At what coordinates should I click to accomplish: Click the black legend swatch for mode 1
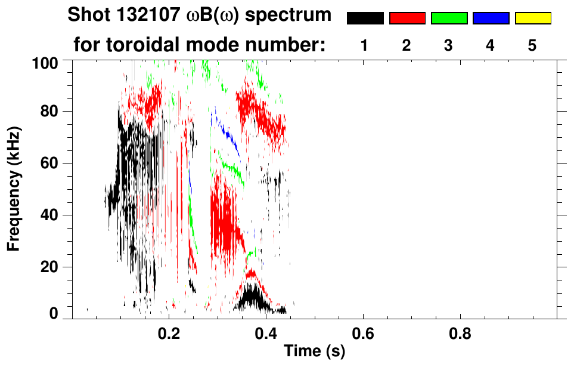pos(365,18)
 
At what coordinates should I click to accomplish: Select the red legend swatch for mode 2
pos(407,18)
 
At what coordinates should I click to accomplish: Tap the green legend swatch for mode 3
pos(449,18)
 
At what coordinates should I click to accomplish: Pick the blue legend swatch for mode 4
pos(491,18)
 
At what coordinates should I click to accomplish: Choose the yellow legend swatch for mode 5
pos(533,18)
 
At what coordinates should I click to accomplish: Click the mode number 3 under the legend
pos(449,46)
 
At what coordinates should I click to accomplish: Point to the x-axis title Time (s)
pos(314,351)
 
